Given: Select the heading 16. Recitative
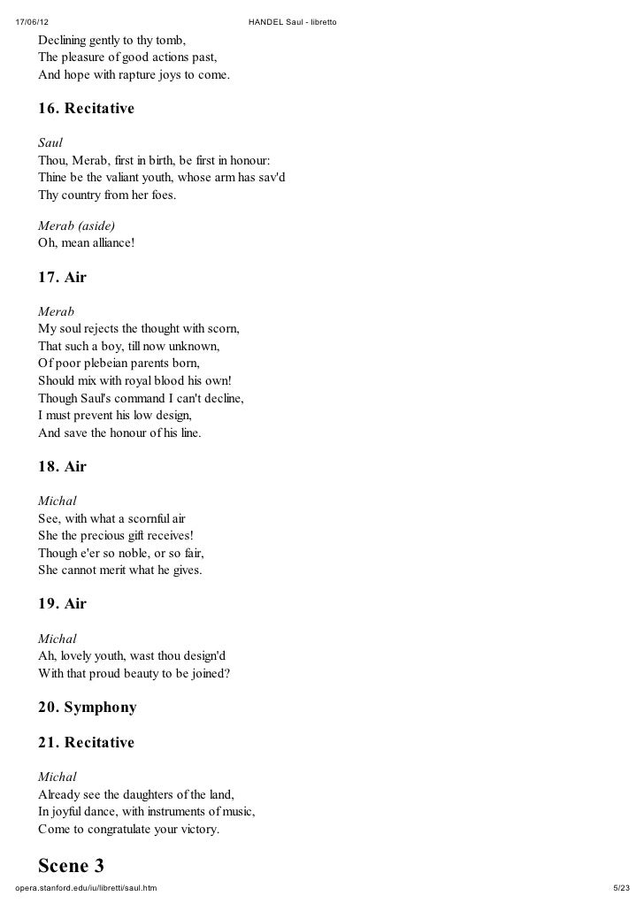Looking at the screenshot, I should coord(86,110).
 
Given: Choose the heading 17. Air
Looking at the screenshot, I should coord(62,278).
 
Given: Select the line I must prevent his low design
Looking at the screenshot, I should coord(115,415).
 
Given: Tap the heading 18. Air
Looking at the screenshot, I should coord(62,466).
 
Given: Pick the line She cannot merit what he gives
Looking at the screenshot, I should coord(120,570).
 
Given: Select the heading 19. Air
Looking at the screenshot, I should coord(62,604).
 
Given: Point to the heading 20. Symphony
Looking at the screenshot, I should coord(87,708).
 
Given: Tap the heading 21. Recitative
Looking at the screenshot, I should coord(86,742).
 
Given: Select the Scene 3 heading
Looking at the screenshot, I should coord(71,864).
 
